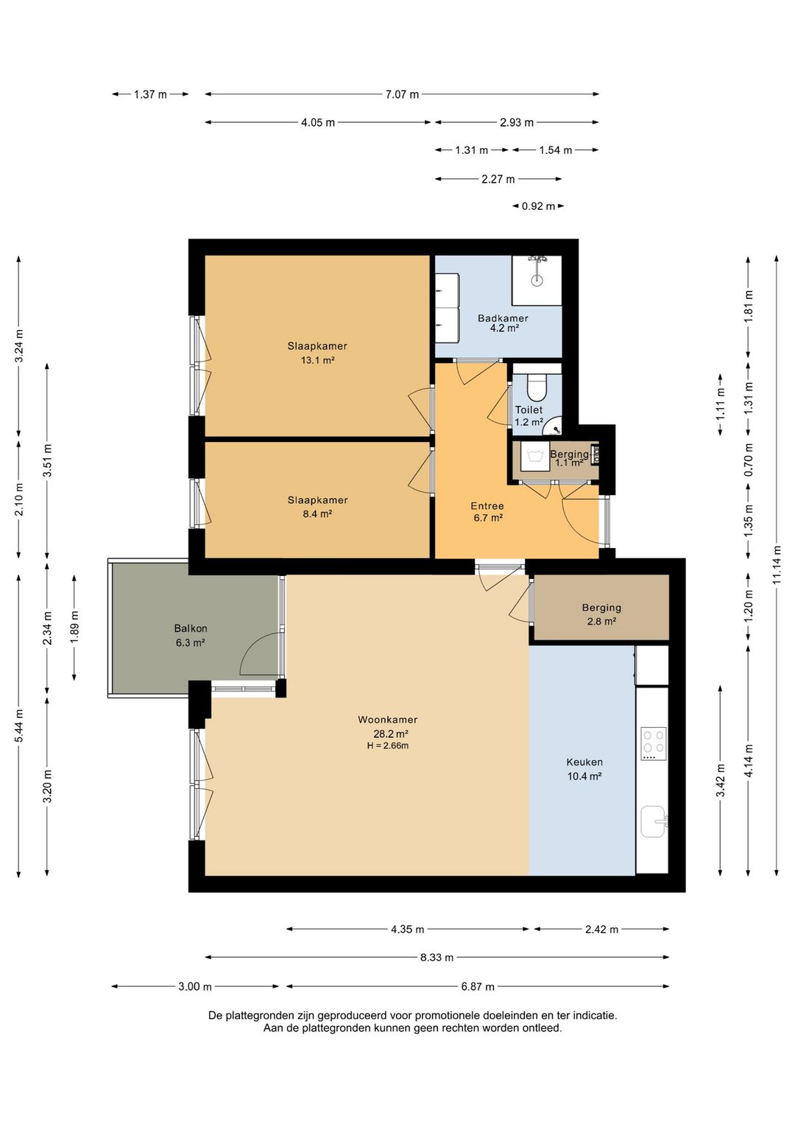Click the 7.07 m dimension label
click(x=402, y=94)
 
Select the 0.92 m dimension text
click(x=538, y=206)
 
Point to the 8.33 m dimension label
click(x=437, y=958)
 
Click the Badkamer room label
click(x=503, y=318)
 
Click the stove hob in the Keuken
click(x=654, y=744)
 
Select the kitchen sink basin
click(x=654, y=822)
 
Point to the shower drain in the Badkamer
click(x=537, y=281)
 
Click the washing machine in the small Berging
click(x=535, y=456)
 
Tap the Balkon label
click(x=191, y=628)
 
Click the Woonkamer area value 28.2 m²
click(x=390, y=734)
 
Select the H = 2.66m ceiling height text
click(x=388, y=745)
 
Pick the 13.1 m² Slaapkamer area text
click(x=317, y=359)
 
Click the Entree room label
click(x=487, y=506)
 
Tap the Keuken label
click(x=584, y=762)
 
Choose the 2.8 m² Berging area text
click(x=601, y=621)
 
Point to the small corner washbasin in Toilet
click(x=554, y=426)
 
